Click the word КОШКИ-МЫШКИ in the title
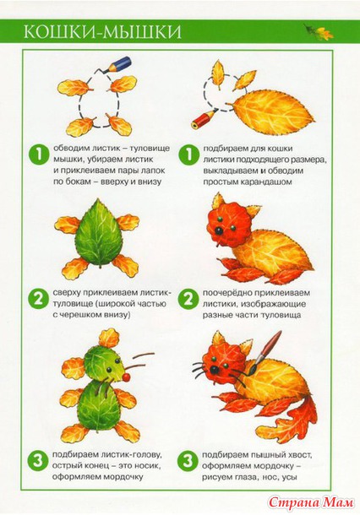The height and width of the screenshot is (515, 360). (x=102, y=32)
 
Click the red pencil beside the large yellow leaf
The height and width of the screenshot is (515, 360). (x=204, y=118)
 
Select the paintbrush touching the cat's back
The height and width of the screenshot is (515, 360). (x=265, y=353)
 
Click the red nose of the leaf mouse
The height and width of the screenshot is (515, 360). (x=126, y=377)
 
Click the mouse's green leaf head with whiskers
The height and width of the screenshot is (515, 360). (x=103, y=364)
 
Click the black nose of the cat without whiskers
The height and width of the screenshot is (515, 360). (x=218, y=231)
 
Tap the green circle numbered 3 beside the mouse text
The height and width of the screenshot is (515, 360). (x=38, y=461)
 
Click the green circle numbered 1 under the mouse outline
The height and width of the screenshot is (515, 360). (x=39, y=154)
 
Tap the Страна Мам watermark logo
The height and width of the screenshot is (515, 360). (x=311, y=501)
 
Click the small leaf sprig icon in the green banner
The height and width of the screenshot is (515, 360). (x=319, y=32)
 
